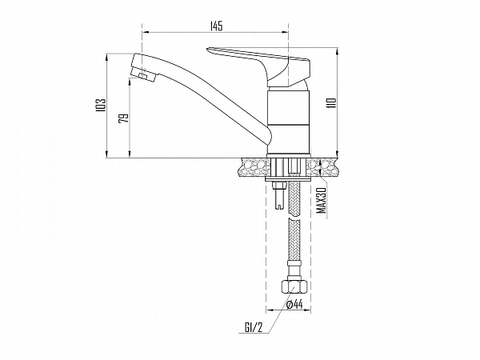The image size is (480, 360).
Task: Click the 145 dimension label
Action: [x=217, y=26]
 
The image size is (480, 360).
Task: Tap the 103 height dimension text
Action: [x=101, y=105]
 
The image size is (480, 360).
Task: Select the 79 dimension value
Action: [x=123, y=118]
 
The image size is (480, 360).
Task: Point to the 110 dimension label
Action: [x=331, y=103]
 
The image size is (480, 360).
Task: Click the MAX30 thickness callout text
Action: [x=321, y=201]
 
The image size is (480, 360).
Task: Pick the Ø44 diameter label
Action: [x=294, y=304]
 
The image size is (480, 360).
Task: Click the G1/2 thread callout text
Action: [x=254, y=328]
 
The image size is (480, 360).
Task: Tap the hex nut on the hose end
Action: [x=294, y=287]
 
